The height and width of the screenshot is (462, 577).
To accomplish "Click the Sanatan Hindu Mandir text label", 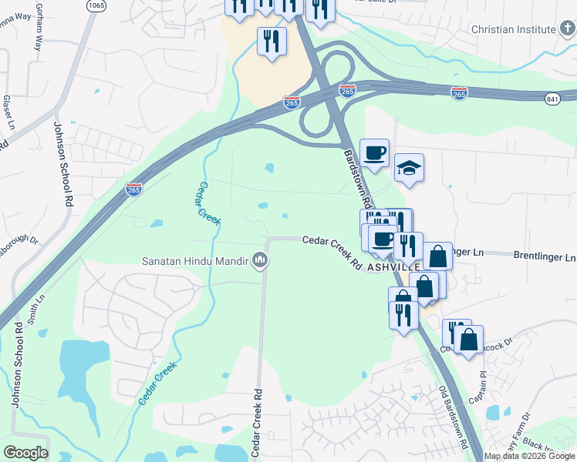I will (196, 261).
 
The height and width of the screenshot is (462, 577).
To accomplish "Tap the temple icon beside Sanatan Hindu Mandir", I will (261, 262).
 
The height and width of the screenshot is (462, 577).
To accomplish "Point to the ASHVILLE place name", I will (393, 266).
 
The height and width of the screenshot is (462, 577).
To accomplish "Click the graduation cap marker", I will (409, 169).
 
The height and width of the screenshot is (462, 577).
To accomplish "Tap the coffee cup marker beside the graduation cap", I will (375, 153).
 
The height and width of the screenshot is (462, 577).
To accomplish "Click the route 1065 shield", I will (96, 5).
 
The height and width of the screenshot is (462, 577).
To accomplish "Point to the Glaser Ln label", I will (6, 110).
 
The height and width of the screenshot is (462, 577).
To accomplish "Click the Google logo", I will (26, 452).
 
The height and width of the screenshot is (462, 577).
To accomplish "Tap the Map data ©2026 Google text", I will (528, 456).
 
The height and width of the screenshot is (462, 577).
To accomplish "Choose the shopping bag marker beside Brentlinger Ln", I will (437, 256).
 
